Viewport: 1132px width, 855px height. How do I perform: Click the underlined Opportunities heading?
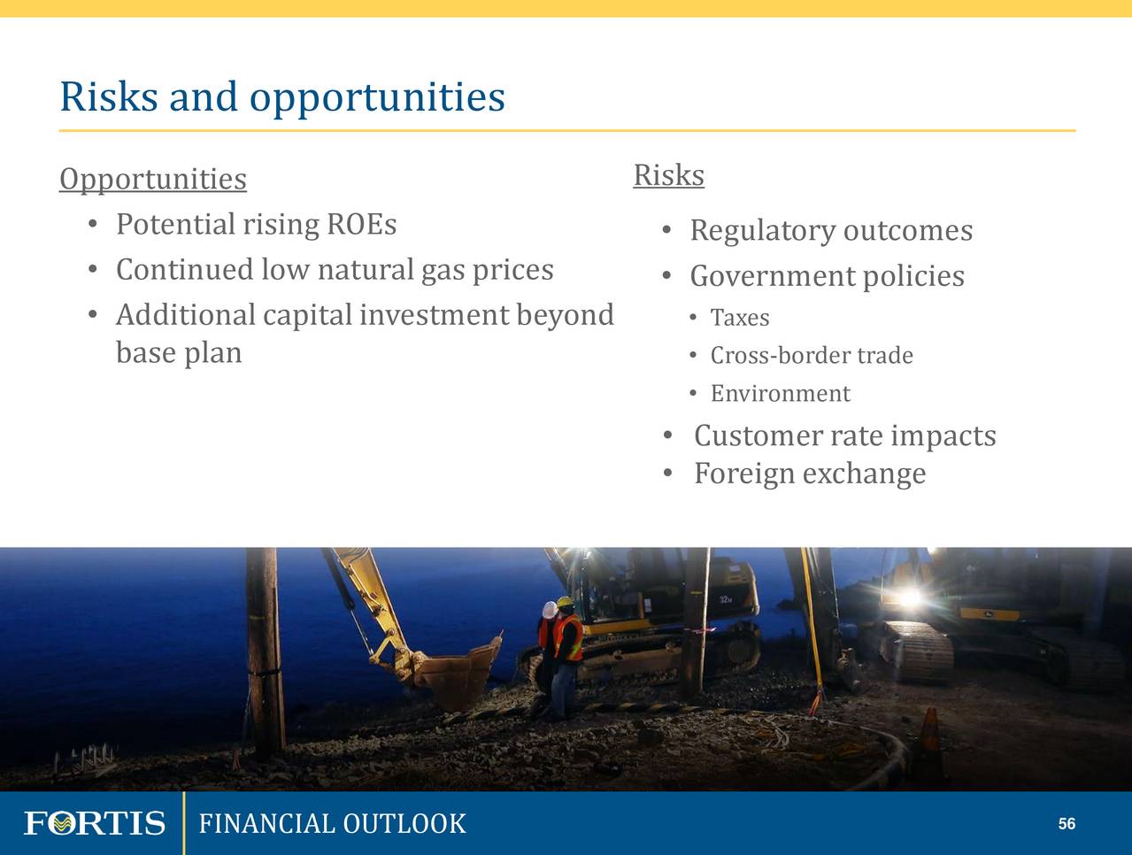click(x=153, y=181)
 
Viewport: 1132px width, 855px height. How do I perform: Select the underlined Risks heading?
click(x=669, y=175)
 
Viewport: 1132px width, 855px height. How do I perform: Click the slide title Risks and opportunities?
click(x=282, y=97)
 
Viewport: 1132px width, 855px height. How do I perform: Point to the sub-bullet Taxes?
click(x=740, y=318)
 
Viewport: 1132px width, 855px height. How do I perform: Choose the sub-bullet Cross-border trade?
click(x=812, y=355)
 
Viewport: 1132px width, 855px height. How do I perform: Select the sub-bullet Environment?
click(x=781, y=394)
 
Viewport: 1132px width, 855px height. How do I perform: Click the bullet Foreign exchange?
click(x=810, y=474)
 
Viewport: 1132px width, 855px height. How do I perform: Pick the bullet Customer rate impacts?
click(x=844, y=436)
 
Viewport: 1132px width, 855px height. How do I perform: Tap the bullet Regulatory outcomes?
click(x=831, y=230)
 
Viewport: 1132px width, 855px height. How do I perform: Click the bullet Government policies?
click(x=828, y=276)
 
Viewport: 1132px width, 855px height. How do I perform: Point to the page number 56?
click(x=1067, y=823)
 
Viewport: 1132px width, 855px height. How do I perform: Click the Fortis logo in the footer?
click(x=95, y=823)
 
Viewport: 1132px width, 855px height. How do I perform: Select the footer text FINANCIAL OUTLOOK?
click(x=333, y=823)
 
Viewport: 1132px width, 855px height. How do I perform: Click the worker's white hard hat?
click(x=550, y=610)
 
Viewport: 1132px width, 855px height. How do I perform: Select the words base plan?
click(x=179, y=354)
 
